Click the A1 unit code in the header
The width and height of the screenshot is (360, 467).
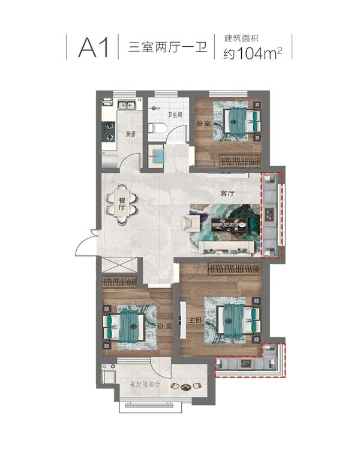[x=94, y=47]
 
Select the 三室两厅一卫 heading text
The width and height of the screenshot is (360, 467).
[x=167, y=47]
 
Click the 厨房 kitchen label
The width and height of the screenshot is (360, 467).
[x=130, y=134]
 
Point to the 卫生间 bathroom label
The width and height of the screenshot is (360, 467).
[x=175, y=115]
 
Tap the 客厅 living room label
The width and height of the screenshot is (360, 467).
[x=227, y=194]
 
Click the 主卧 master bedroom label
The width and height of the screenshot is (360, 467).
[x=196, y=321]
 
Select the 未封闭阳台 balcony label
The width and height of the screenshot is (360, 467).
[x=145, y=384]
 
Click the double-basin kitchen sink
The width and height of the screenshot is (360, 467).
[x=127, y=105]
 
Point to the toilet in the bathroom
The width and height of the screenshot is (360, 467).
[x=157, y=128]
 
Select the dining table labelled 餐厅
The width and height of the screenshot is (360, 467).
[x=122, y=204]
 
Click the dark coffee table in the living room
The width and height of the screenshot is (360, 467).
[x=230, y=224]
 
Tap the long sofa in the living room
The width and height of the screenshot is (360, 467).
[x=226, y=248]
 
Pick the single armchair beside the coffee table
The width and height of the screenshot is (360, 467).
[x=191, y=223]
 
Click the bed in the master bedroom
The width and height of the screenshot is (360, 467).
[x=239, y=321]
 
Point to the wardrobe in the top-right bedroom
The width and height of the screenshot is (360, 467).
[x=240, y=161]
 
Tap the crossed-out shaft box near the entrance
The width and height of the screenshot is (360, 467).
[x=119, y=265]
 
